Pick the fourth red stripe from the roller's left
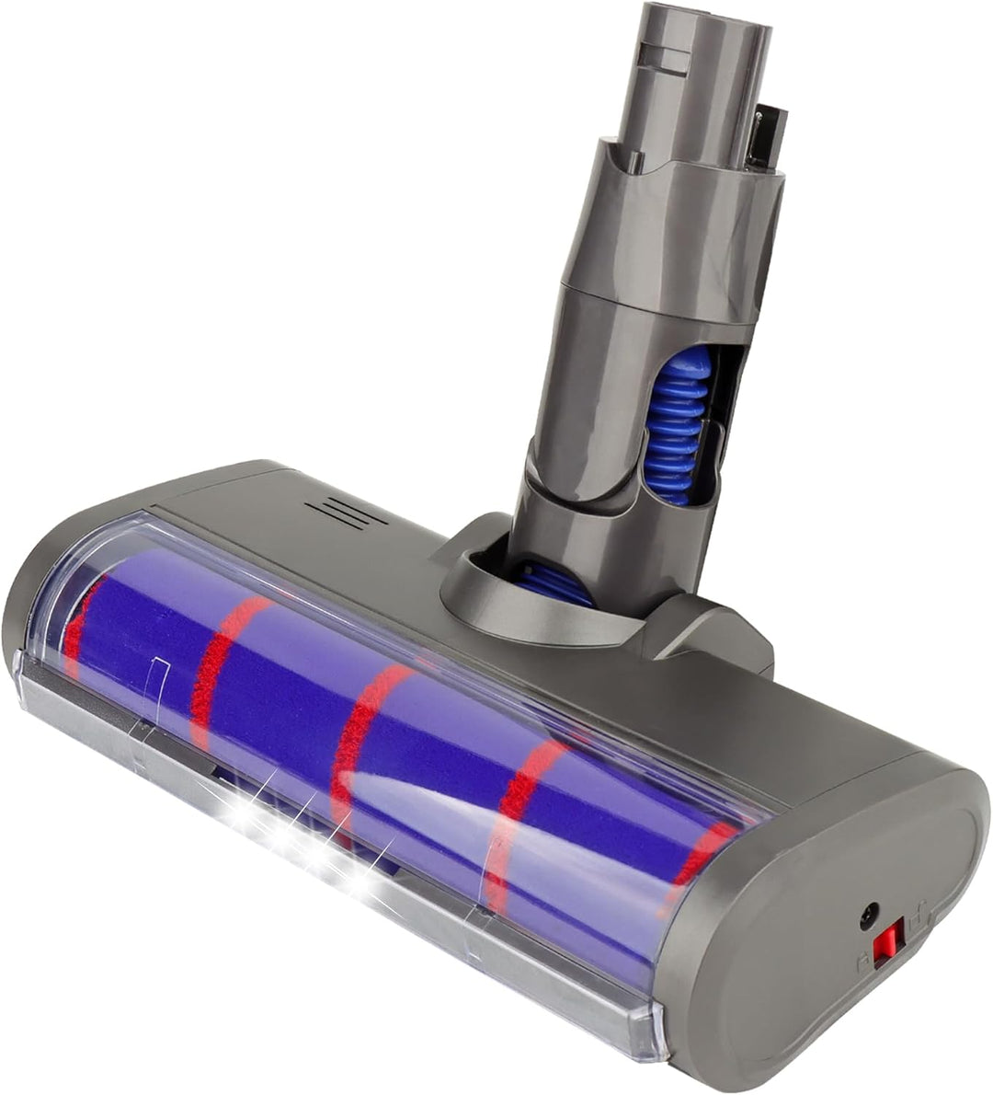tap(515, 810)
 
